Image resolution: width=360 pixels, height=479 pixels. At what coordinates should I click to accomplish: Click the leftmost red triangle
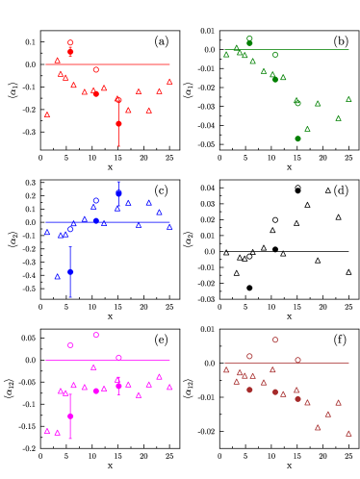click(x=47, y=114)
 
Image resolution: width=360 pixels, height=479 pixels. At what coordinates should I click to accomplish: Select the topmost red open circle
click(x=70, y=42)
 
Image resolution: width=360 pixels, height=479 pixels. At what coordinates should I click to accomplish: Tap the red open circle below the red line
click(x=96, y=69)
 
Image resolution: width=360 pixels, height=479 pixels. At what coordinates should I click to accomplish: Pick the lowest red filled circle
click(x=118, y=123)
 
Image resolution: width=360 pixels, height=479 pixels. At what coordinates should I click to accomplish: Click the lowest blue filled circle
click(x=70, y=272)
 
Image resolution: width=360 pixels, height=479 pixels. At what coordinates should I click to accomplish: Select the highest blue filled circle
click(x=118, y=193)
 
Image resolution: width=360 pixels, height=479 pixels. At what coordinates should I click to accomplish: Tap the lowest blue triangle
click(x=58, y=276)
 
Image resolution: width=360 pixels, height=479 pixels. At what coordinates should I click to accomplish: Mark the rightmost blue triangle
click(x=169, y=227)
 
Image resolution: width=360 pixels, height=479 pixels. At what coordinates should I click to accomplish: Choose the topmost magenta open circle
click(x=96, y=335)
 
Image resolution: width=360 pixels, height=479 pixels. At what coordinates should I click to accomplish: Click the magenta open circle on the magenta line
click(x=118, y=358)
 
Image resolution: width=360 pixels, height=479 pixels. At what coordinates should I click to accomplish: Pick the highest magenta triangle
click(x=93, y=366)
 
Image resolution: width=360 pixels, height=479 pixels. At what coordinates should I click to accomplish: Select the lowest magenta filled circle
click(x=70, y=416)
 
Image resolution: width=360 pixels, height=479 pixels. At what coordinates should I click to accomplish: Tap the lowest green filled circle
click(x=297, y=139)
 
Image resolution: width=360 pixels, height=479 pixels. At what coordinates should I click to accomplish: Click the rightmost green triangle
click(x=348, y=99)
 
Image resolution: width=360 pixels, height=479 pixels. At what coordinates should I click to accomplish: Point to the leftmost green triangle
click(x=227, y=55)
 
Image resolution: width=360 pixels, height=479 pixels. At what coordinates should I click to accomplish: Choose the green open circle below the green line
click(x=275, y=54)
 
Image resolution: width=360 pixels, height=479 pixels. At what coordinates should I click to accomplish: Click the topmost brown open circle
click(x=275, y=340)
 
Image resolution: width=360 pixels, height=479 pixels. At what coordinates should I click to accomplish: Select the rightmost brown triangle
click(x=348, y=434)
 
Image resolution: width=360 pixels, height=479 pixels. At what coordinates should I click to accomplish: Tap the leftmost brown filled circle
click(x=249, y=390)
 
